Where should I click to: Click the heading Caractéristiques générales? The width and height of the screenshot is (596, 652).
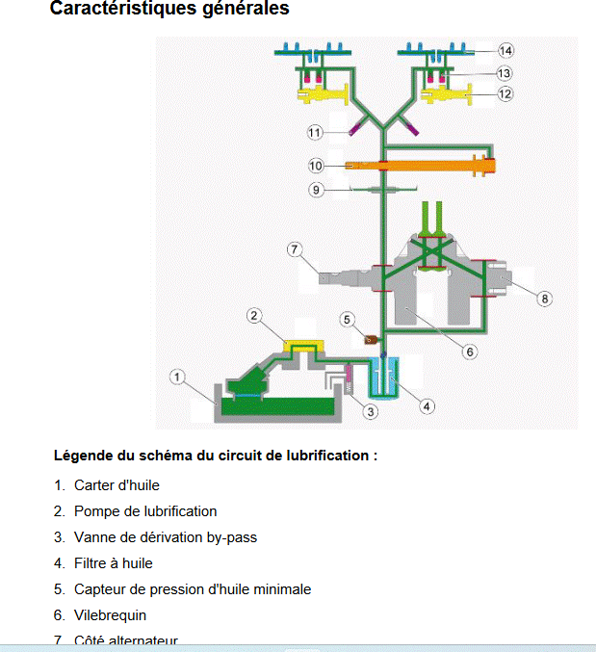(168, 10)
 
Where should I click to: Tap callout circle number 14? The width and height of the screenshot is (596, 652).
(506, 50)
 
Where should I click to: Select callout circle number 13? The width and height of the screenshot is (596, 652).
(505, 73)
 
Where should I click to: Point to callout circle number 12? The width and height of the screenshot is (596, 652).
(505, 94)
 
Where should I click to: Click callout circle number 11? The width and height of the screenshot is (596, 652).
(315, 131)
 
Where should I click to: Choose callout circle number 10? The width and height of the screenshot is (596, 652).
(316, 166)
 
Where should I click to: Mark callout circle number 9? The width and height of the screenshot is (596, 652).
(316, 190)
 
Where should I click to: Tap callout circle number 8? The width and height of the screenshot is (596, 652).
(545, 299)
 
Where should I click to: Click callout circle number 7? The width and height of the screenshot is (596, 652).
(295, 249)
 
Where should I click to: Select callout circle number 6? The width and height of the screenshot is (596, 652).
(470, 352)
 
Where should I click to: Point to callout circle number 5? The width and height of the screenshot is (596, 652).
(349, 319)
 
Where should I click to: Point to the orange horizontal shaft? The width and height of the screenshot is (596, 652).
(424, 166)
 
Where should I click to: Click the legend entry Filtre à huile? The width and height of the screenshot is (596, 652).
(113, 563)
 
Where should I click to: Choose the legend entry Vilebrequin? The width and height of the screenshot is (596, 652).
(110, 614)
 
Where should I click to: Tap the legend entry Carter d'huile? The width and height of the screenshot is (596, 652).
(117, 485)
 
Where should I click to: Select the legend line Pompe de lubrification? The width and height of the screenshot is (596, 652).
(144, 511)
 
